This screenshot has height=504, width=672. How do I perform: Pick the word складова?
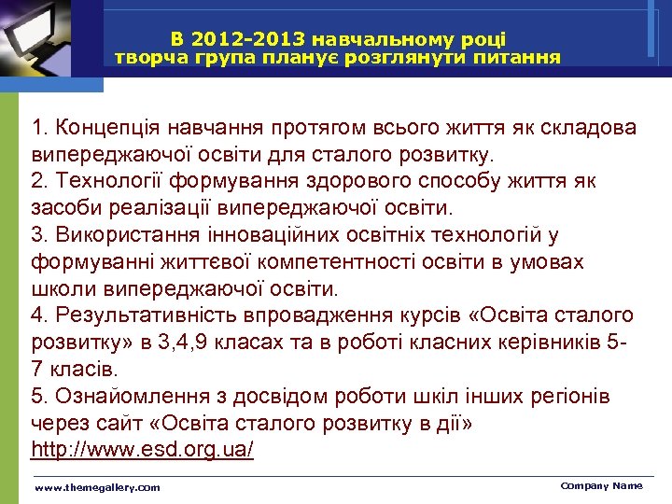(576, 126)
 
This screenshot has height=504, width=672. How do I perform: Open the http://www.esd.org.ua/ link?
(142, 450)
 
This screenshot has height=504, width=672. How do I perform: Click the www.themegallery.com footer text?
(97, 487)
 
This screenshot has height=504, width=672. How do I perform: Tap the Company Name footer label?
(601, 485)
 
